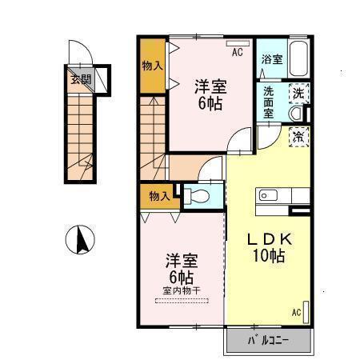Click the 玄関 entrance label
(x=80, y=79)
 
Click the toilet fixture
(x=199, y=195)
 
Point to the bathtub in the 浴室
(x=298, y=58)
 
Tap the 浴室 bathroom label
(x=271, y=59)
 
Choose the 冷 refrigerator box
(x=298, y=137)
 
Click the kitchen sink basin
(x=266, y=194)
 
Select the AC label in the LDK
(x=297, y=312)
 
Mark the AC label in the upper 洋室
(x=237, y=53)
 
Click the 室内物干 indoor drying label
(x=182, y=291)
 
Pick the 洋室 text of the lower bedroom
(x=182, y=261)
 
